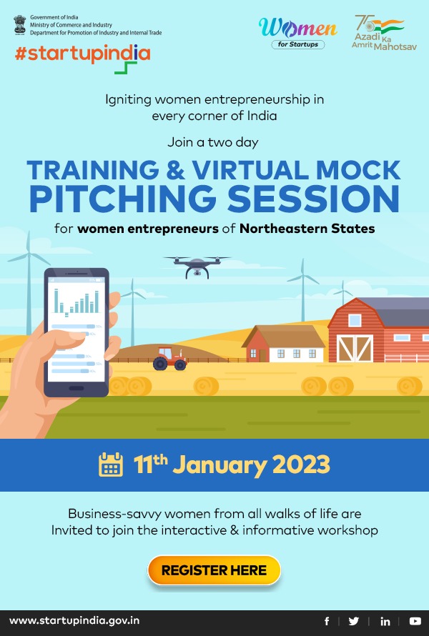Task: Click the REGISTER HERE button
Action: click(214, 570)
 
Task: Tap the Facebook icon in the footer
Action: click(327, 621)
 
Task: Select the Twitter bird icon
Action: click(354, 621)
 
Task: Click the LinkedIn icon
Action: click(385, 621)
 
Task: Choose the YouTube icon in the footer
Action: click(415, 621)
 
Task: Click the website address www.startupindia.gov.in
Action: click(74, 621)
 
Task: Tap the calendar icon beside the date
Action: click(111, 464)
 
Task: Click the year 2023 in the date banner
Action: click(301, 464)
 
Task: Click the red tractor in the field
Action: click(169, 359)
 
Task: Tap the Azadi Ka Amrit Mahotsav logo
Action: click(384, 33)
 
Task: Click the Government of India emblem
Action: click(19, 24)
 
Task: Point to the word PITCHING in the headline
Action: click(122, 199)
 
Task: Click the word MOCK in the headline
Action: click(358, 169)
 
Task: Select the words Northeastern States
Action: click(307, 229)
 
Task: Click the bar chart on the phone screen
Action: click(77, 302)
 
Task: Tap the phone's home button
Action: click(77, 388)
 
